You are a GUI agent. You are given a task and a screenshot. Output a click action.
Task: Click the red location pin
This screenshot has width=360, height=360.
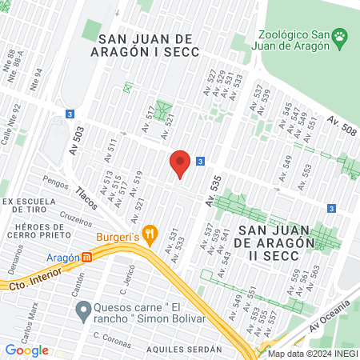coord(180,164)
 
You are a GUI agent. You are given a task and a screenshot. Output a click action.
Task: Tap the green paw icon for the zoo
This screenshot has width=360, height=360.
coord(342,36)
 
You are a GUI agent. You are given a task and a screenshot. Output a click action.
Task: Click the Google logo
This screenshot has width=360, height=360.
coord(26,350)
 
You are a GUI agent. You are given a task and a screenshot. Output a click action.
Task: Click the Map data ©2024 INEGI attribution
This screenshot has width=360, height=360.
coord(311,354)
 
